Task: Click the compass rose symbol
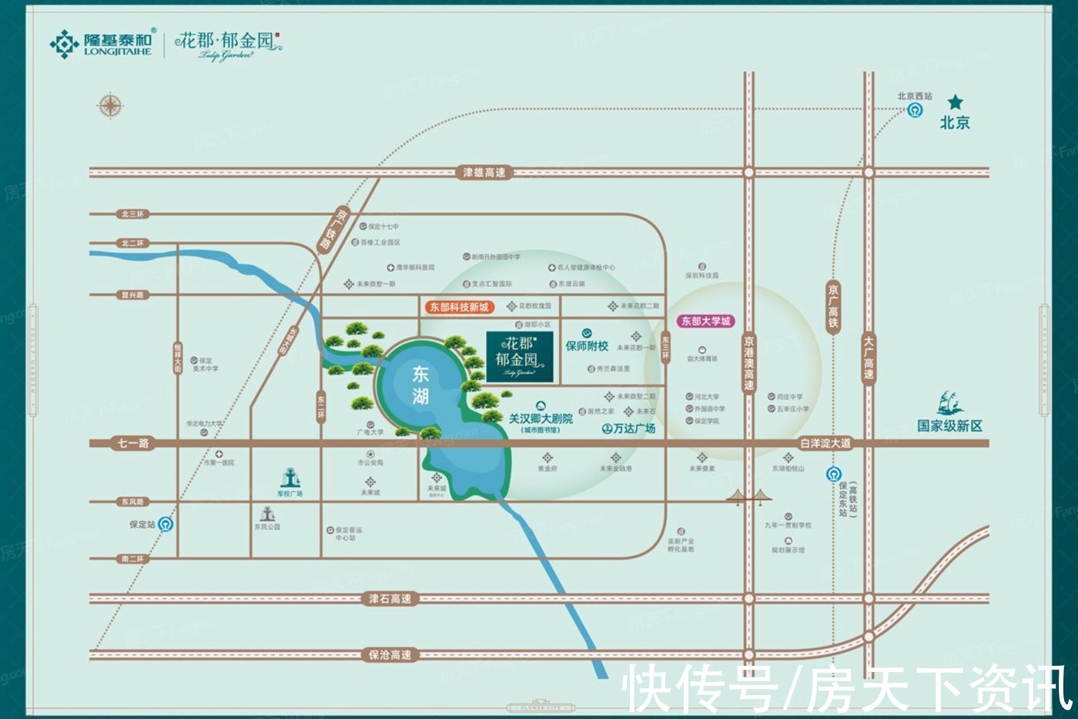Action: pyautogui.click(x=111, y=106)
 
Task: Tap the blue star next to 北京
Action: pyautogui.click(x=955, y=102)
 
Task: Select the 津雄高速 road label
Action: pyautogui.click(x=484, y=173)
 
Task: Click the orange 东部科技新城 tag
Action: pyautogui.click(x=459, y=307)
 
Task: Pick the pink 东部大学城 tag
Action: pyautogui.click(x=705, y=321)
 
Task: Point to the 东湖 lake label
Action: pyautogui.click(x=420, y=385)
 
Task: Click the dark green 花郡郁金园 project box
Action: pyautogui.click(x=520, y=356)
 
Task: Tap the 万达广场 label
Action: pyautogui.click(x=629, y=428)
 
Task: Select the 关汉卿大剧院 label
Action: pyautogui.click(x=541, y=419)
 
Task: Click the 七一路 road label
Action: pyautogui.click(x=133, y=443)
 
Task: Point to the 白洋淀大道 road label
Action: pyautogui.click(x=825, y=443)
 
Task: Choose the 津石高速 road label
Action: pyautogui.click(x=390, y=598)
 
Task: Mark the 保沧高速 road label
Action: pyautogui.click(x=390, y=655)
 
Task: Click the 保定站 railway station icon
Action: pyautogui.click(x=166, y=525)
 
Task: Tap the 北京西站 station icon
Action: pyautogui.click(x=915, y=110)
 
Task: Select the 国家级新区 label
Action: pyautogui.click(x=949, y=425)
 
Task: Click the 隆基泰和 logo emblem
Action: pyautogui.click(x=64, y=44)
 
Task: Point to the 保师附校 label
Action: pyautogui.click(x=587, y=346)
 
